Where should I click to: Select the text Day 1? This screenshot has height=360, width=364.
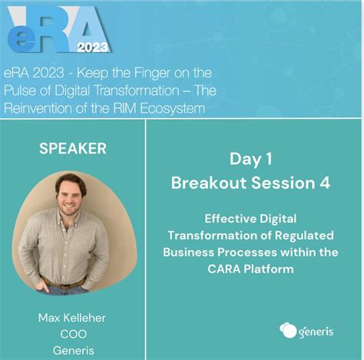point(250,159)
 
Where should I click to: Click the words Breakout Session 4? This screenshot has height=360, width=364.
point(250,183)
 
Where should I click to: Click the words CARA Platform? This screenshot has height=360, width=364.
point(250,269)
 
